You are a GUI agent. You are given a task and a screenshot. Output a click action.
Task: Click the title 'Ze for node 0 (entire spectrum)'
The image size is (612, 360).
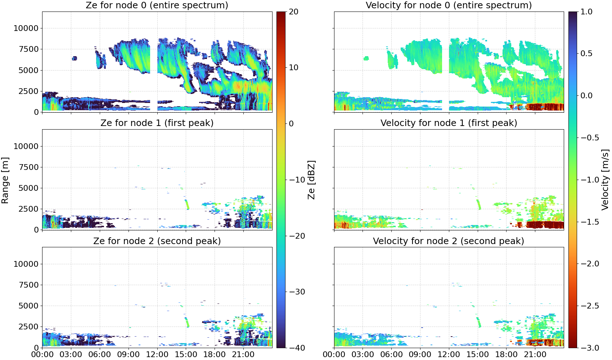coord(157,5)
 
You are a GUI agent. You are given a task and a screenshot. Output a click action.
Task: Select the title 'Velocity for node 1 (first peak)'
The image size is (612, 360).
coord(449,123)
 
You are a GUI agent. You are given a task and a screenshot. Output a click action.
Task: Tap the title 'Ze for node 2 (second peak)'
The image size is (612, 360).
coord(157,241)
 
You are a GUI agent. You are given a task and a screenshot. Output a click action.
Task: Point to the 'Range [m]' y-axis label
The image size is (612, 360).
coord(5,180)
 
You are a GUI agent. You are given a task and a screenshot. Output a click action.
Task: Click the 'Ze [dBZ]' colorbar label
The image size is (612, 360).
coord(311,180)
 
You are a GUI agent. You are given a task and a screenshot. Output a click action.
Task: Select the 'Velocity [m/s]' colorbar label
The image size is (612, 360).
coord(605,180)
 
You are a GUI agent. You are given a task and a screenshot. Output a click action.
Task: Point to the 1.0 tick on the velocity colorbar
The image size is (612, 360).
coord(586,12)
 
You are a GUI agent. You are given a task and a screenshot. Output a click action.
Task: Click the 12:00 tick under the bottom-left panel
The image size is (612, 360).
coord(157,354)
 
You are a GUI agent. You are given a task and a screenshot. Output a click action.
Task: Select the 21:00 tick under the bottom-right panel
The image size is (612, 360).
coord(535,354)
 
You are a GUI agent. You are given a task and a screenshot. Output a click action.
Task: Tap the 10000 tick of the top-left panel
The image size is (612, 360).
coord(26,28)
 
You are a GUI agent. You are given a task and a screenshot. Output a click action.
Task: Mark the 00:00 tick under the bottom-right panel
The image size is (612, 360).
coord(334,354)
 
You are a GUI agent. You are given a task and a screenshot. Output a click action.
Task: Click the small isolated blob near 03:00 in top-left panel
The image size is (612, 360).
coord(74,58)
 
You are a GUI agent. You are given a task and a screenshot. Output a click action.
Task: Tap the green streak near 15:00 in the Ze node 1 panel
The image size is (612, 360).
coord(187,204)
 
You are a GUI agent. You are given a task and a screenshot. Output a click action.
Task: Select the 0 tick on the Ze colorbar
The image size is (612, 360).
coord(291,124)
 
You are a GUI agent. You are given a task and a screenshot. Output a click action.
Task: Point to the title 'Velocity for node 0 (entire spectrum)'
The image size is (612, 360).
coord(449,5)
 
